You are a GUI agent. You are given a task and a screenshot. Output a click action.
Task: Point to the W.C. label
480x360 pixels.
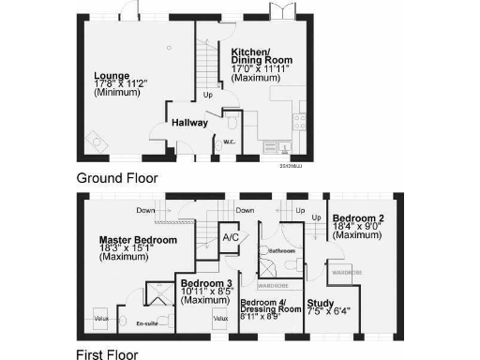click(x=228, y=142)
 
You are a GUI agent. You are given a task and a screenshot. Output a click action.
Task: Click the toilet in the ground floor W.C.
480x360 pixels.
click(x=232, y=122)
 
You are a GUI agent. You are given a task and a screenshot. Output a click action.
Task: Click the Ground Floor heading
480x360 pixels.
click(x=117, y=177)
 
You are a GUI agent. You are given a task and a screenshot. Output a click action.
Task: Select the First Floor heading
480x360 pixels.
click(x=107, y=354)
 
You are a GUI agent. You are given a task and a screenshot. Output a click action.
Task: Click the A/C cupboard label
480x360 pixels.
click(x=230, y=237)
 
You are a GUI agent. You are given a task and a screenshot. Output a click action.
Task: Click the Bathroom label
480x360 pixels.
click(x=282, y=251)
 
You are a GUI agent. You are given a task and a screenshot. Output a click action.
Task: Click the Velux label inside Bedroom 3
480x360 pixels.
click(x=221, y=319)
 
